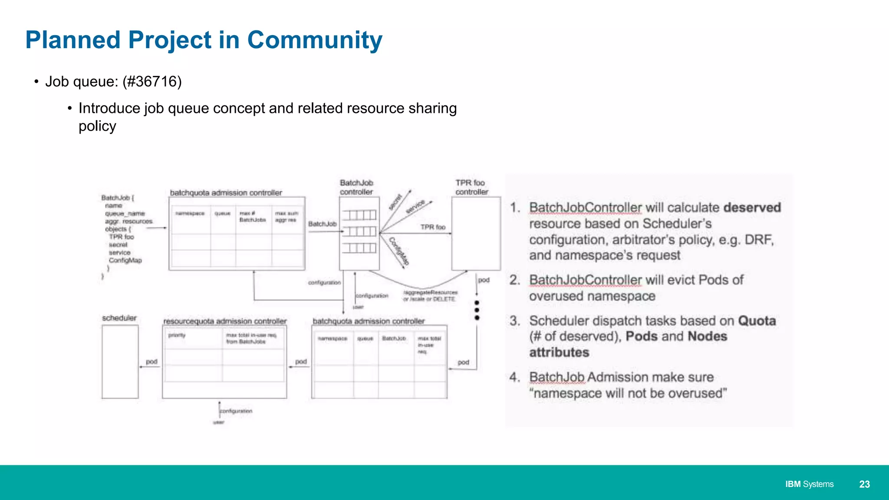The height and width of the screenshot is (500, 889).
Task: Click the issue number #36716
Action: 152,82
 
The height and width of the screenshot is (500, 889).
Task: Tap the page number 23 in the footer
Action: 864,484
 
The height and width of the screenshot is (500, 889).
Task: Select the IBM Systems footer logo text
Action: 809,484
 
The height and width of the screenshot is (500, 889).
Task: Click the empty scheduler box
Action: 120,362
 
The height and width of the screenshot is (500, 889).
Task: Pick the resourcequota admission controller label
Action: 225,321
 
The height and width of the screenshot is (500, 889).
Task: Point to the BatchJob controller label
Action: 356,187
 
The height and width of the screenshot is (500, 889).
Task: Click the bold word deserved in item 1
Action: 752,207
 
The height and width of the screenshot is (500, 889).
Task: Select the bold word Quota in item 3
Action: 757,321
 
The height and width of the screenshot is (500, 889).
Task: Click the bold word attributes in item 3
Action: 559,352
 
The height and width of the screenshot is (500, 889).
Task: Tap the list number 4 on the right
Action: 514,377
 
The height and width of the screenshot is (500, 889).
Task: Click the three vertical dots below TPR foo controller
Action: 477,310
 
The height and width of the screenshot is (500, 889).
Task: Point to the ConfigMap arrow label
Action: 399,251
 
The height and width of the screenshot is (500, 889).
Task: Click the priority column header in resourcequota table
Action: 177,336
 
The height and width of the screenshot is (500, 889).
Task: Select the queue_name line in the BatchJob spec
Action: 125,214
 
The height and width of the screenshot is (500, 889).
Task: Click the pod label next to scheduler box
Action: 151,362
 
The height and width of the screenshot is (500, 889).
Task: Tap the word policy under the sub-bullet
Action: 97,126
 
